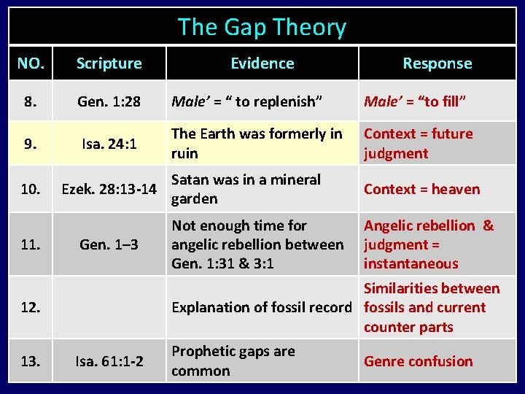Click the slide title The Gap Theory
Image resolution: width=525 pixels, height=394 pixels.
pos(262,28)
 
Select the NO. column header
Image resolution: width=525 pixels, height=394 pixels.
pos(30,63)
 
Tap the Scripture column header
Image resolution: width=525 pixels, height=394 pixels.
pos(109,63)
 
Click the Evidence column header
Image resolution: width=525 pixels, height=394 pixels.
pos(262,63)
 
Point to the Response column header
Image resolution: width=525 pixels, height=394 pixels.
pos(437,63)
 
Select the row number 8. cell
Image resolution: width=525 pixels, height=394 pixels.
pos(30,101)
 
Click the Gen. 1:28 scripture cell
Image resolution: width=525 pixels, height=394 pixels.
pos(109,101)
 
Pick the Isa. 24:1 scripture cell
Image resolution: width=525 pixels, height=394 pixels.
pos(109,144)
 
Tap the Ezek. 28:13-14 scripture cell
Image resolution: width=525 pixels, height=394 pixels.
pos(109,190)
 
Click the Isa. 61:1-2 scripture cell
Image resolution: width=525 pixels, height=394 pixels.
pos(109,361)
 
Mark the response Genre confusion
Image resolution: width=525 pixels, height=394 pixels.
pos(418,361)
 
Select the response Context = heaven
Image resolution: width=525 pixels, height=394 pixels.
pos(421,190)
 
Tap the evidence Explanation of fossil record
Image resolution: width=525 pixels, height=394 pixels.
pos(261,308)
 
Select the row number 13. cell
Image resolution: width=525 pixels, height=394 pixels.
pos(30,361)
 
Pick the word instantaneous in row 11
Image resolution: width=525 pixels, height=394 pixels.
pos(411,263)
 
